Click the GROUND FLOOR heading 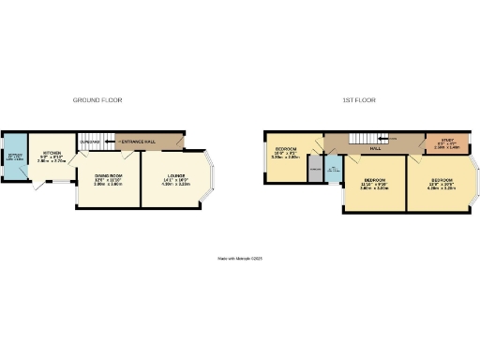[97, 99]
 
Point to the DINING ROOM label [109, 177]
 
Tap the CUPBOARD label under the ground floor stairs [90, 142]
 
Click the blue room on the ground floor [15, 162]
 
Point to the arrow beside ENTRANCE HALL [112, 141]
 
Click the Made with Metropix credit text [239, 257]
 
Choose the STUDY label [439, 144]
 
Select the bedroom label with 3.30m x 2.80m [285, 152]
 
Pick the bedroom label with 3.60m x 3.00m [374, 183]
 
